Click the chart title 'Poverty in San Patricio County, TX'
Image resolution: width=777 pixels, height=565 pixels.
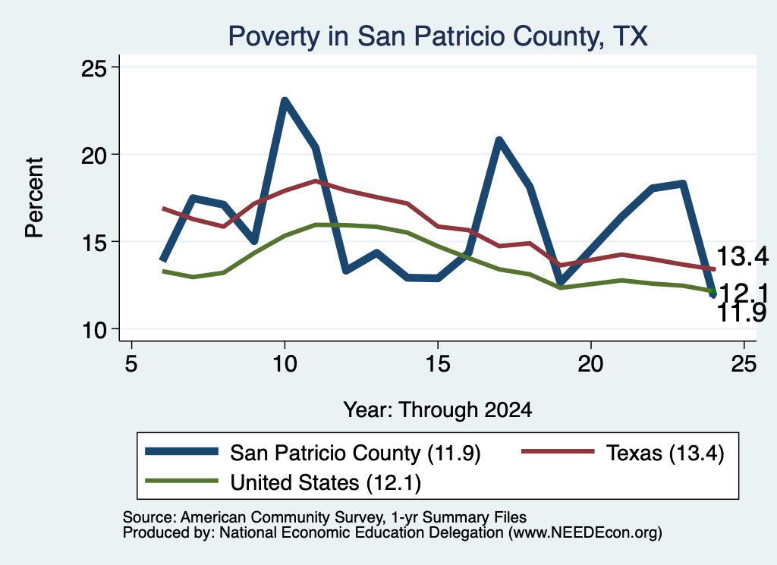click(438, 36)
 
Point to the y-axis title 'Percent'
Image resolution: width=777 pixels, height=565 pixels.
click(34, 198)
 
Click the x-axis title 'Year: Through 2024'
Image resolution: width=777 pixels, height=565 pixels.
click(438, 410)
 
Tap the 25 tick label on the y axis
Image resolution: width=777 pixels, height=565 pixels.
click(93, 67)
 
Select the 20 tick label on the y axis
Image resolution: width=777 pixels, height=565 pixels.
click(93, 155)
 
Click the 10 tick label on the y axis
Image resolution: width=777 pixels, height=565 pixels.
click(94, 330)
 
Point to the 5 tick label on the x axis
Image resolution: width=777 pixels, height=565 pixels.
click(131, 364)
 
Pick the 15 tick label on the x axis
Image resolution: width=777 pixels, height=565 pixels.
click(438, 364)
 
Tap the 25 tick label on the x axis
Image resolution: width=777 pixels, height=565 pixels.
click(744, 364)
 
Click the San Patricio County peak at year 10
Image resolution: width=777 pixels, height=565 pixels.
click(285, 101)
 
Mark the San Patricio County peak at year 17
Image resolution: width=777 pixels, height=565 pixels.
click(499, 140)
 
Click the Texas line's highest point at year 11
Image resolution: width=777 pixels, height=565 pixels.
click(315, 181)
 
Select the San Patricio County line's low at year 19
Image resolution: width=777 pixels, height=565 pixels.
click(561, 283)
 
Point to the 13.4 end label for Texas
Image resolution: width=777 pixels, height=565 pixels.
click(742, 256)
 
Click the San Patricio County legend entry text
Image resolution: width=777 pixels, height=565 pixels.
click(355, 453)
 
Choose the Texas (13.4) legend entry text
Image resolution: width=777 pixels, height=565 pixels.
click(665, 453)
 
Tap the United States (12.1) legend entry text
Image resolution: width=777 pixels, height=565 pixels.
click(326, 482)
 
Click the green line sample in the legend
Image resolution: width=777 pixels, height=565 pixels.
click(181, 481)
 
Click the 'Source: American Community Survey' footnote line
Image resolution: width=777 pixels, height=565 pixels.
click(325, 517)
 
